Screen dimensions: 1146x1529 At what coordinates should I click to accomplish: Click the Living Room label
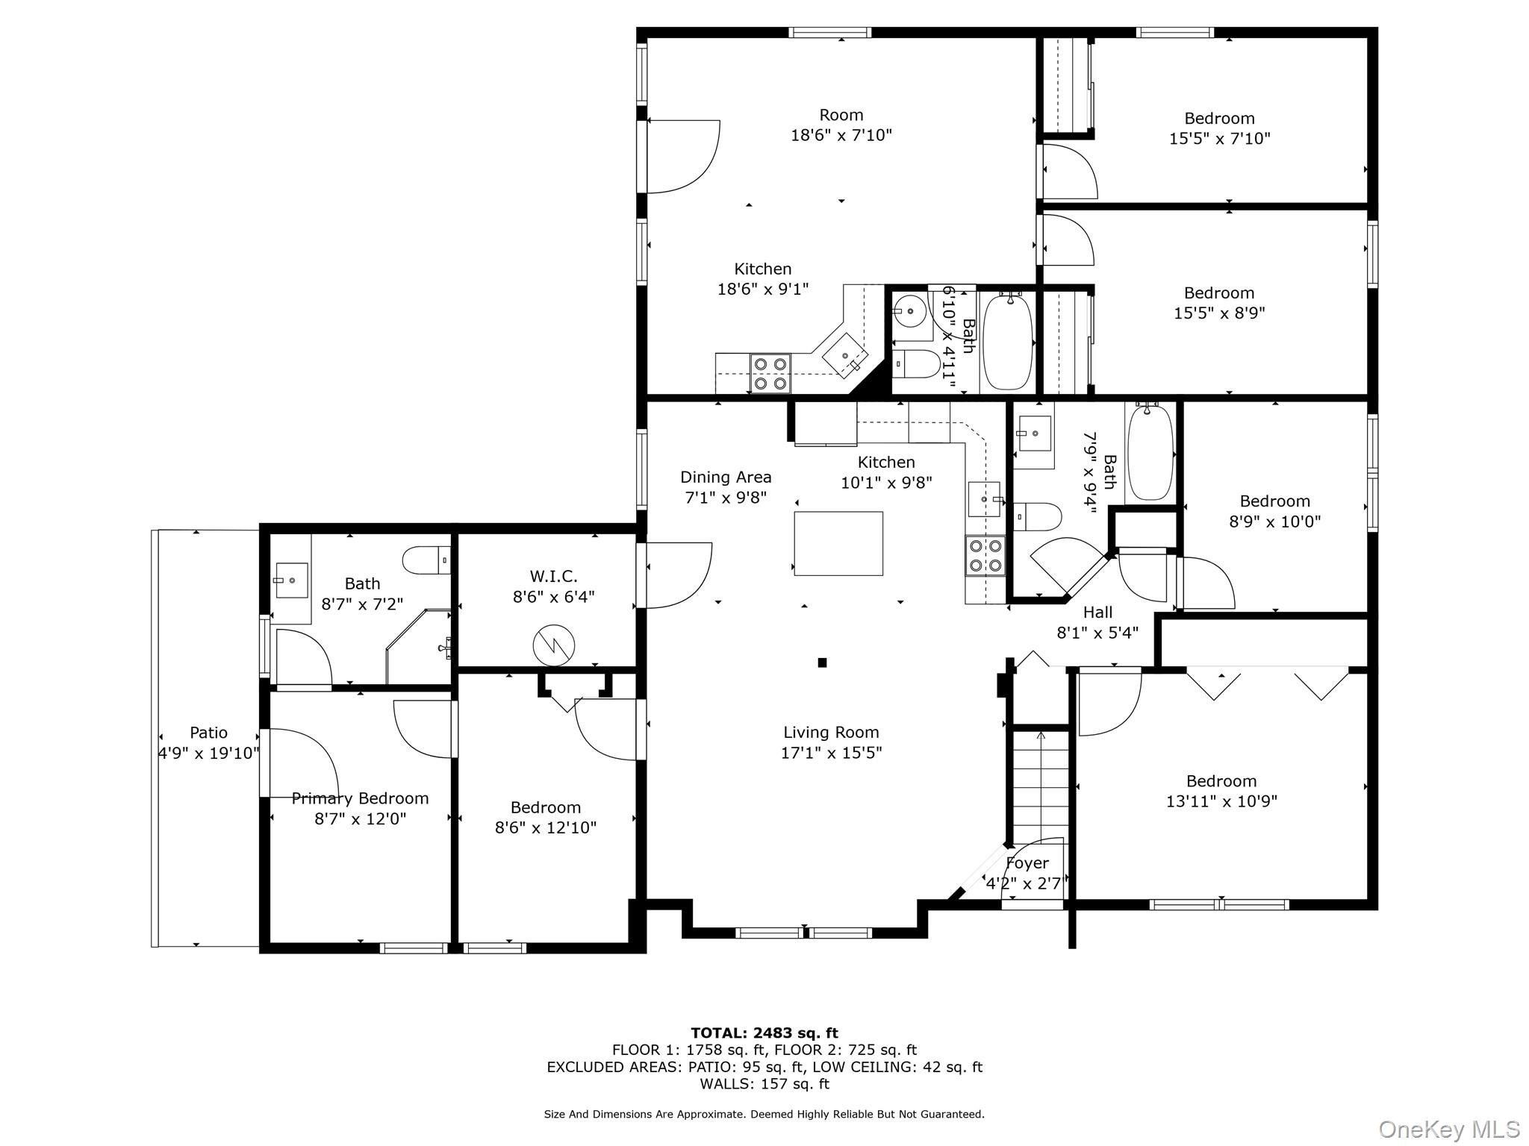(x=831, y=733)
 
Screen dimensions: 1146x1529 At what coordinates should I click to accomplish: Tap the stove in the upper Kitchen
(x=770, y=374)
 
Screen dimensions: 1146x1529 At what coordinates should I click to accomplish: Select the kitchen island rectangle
(x=838, y=543)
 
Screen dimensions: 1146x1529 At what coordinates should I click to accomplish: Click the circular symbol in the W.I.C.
(x=553, y=645)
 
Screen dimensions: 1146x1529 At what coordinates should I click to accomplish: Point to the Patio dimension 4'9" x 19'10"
(x=208, y=754)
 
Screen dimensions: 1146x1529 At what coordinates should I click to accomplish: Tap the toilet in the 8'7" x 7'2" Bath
(x=426, y=560)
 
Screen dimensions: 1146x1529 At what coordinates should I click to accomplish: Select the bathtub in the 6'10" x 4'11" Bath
(x=1008, y=342)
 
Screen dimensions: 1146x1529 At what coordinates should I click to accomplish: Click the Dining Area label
(x=726, y=477)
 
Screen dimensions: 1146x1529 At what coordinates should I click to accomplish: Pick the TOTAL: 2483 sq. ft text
(x=764, y=1033)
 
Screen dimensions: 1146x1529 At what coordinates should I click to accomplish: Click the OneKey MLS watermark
(x=1448, y=1129)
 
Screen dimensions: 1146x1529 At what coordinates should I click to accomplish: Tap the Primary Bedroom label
(x=360, y=798)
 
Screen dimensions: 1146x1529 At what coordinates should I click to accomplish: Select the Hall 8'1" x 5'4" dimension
(x=1097, y=633)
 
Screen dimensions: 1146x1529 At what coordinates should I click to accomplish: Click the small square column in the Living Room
(x=822, y=663)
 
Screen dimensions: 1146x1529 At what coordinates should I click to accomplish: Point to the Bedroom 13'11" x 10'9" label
(x=1221, y=781)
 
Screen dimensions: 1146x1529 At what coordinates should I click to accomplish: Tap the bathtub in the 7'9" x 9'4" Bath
(x=1150, y=451)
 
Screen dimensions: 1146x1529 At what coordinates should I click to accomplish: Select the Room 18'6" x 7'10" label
(x=841, y=116)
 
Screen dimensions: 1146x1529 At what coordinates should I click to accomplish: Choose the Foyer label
(x=1027, y=863)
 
